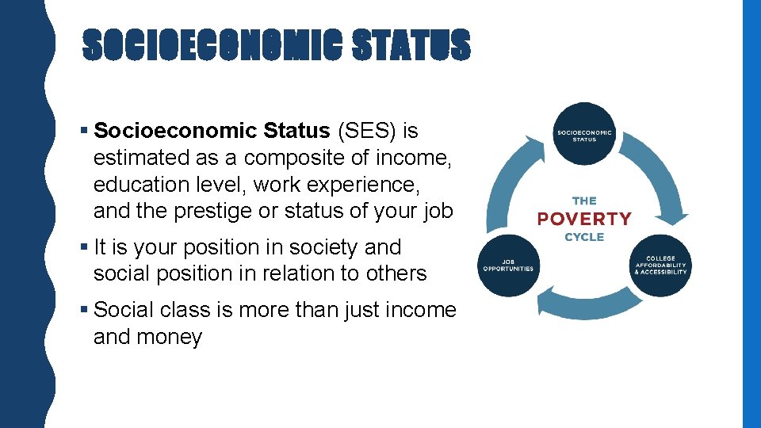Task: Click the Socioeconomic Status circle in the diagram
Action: [x=584, y=134]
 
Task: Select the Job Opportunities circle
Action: [x=508, y=266]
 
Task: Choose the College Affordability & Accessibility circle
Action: [x=660, y=266]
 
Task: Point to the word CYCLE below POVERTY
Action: [x=584, y=237]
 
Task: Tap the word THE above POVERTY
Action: [x=584, y=201]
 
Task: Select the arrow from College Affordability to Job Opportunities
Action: [x=584, y=305]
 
